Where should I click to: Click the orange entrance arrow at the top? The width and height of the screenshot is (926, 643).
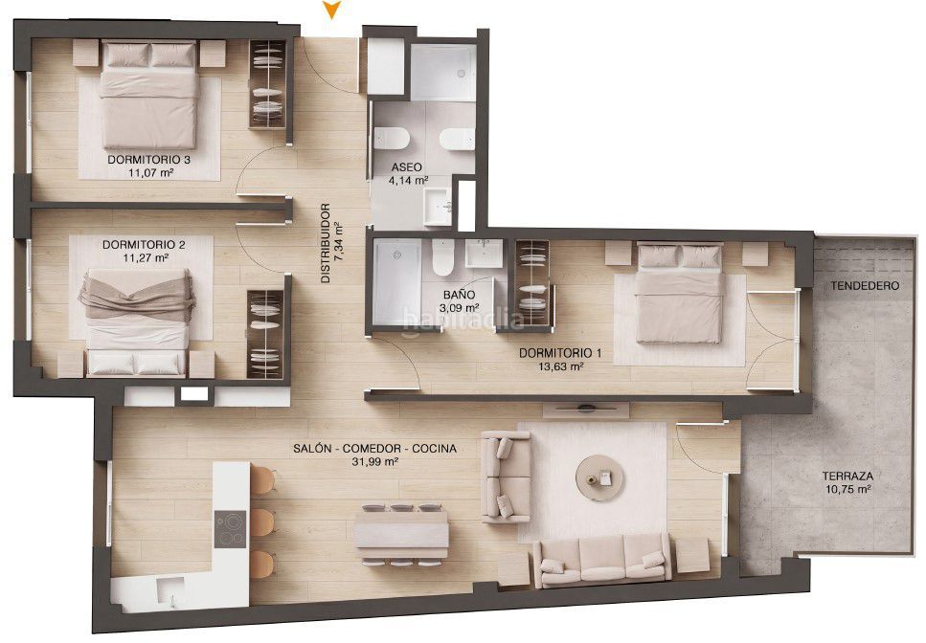point(332,10)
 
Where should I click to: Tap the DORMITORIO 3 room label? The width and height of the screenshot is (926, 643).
point(148,160)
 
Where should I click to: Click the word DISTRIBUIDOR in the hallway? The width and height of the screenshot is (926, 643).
point(326,243)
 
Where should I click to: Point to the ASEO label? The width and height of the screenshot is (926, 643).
point(406,167)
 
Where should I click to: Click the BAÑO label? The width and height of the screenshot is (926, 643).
point(459,295)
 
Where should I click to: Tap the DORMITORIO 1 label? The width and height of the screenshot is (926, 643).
point(560,353)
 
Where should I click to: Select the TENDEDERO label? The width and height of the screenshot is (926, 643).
point(865,286)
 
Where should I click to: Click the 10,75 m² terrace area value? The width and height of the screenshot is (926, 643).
point(848,490)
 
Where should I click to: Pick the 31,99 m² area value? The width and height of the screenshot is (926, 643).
point(374,462)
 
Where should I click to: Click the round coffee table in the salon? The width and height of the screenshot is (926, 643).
point(600,477)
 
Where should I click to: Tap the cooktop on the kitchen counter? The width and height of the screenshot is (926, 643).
point(231,528)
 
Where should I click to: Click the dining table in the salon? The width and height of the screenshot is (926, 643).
point(401,535)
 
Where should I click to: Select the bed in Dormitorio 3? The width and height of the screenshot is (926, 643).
point(148,95)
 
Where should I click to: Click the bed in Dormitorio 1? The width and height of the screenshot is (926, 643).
point(680,293)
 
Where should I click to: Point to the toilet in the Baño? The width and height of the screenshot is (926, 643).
point(441,256)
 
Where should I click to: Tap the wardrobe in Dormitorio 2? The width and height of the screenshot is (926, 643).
point(265,334)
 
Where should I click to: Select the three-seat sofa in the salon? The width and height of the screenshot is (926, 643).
point(601,560)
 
